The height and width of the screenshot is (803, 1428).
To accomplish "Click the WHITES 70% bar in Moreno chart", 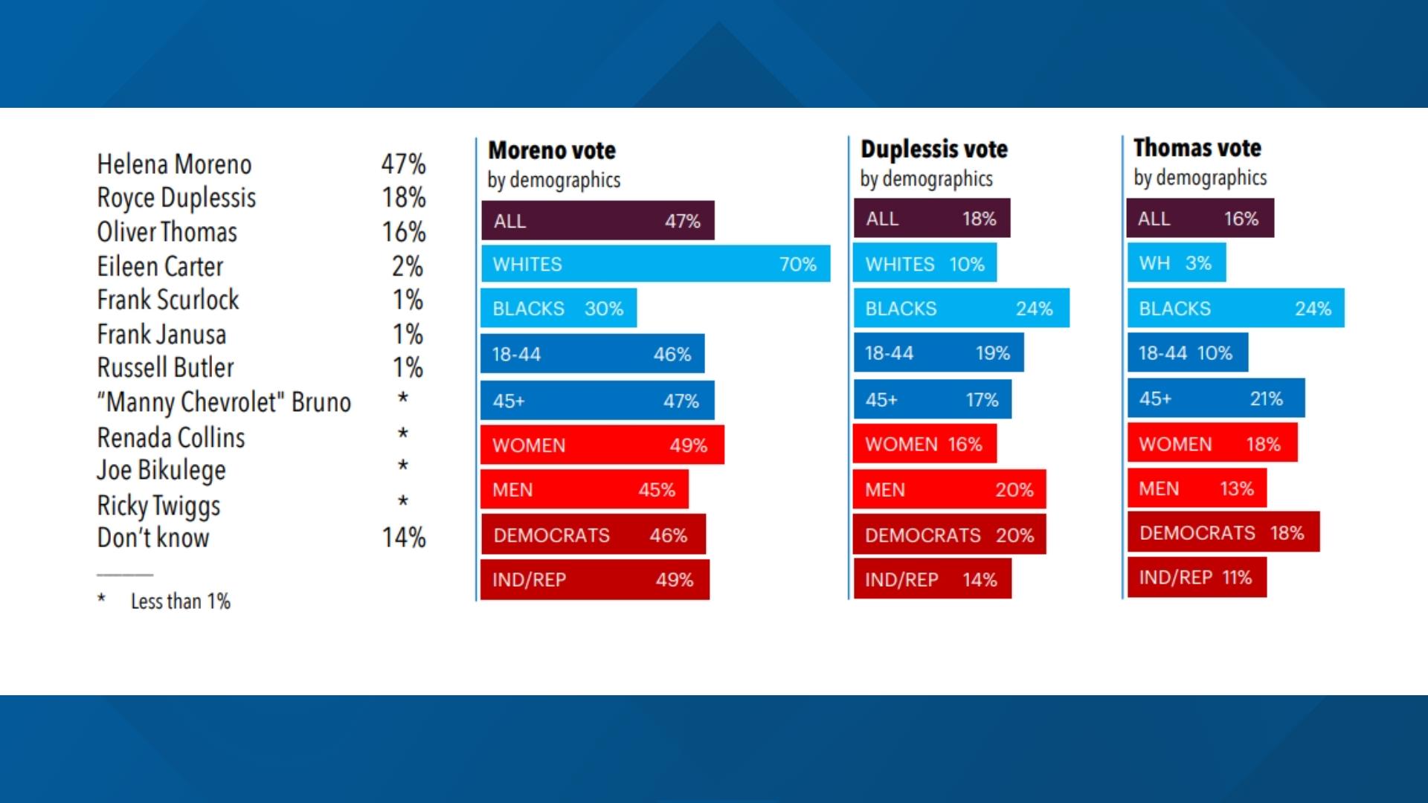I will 654,264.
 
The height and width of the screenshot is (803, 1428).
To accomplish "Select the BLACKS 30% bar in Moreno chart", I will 558,309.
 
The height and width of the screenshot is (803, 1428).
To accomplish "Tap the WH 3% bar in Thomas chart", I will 1176,263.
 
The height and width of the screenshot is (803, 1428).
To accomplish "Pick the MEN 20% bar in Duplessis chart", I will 949,489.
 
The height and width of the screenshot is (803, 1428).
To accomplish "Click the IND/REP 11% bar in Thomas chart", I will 1196,577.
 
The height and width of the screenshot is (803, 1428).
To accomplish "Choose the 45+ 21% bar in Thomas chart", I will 1215,399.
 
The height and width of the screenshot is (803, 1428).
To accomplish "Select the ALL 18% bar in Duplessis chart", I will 931,219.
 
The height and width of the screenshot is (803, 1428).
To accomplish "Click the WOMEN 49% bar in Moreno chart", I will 602,445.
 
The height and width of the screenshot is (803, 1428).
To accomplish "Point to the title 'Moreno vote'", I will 552,150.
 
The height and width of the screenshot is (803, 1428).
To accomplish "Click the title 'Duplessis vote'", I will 933,149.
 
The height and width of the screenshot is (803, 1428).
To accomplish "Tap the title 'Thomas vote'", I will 1197,147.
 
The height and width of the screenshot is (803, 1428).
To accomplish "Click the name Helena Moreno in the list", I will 174,164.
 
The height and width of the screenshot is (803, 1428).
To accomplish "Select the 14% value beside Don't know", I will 403,537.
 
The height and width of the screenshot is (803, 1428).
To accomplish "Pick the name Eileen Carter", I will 160,266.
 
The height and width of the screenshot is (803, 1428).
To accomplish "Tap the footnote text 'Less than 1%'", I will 180,601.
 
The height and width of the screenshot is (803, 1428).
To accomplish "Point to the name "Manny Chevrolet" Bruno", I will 224,401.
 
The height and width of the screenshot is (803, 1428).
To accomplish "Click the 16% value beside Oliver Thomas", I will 403,232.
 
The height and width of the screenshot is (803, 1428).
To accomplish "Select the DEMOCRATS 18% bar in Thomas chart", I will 1223,532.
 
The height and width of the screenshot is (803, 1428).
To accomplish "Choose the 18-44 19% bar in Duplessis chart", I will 937,353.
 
